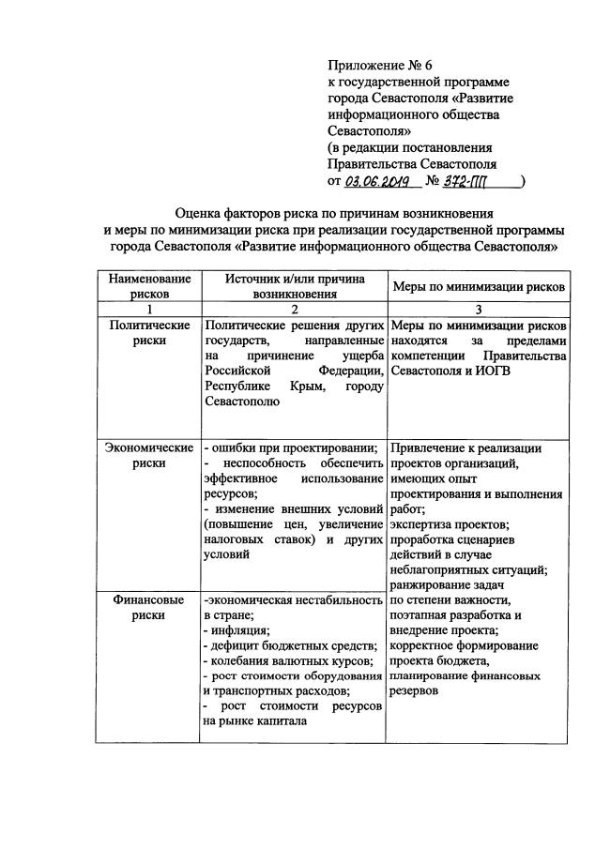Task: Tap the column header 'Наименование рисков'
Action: tap(149, 286)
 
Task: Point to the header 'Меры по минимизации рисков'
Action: tap(477, 286)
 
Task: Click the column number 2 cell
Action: tap(294, 310)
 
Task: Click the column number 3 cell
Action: tap(477, 310)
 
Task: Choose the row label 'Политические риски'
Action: tap(149, 333)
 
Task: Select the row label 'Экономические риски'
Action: tap(149, 455)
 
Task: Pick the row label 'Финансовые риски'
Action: tap(149, 607)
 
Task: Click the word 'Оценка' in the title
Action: tap(198, 213)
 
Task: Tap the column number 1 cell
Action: tap(149, 310)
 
